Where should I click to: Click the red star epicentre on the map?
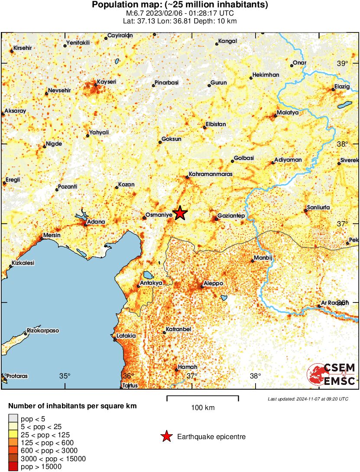(180, 213)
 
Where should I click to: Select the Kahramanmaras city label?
(211, 174)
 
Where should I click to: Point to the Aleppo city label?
(213, 283)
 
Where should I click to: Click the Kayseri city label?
(106, 81)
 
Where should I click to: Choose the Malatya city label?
(288, 112)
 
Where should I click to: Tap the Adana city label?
(96, 222)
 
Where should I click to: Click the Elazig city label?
(342, 86)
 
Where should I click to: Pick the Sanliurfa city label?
(318, 208)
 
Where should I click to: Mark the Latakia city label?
(126, 336)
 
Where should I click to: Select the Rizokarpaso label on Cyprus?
(43, 331)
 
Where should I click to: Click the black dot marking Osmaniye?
(144, 218)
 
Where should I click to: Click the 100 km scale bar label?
(203, 407)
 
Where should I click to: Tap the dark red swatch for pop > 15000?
(13, 466)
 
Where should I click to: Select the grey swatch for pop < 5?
(13, 419)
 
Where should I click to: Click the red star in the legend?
(166, 436)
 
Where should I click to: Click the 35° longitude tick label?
(65, 375)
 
